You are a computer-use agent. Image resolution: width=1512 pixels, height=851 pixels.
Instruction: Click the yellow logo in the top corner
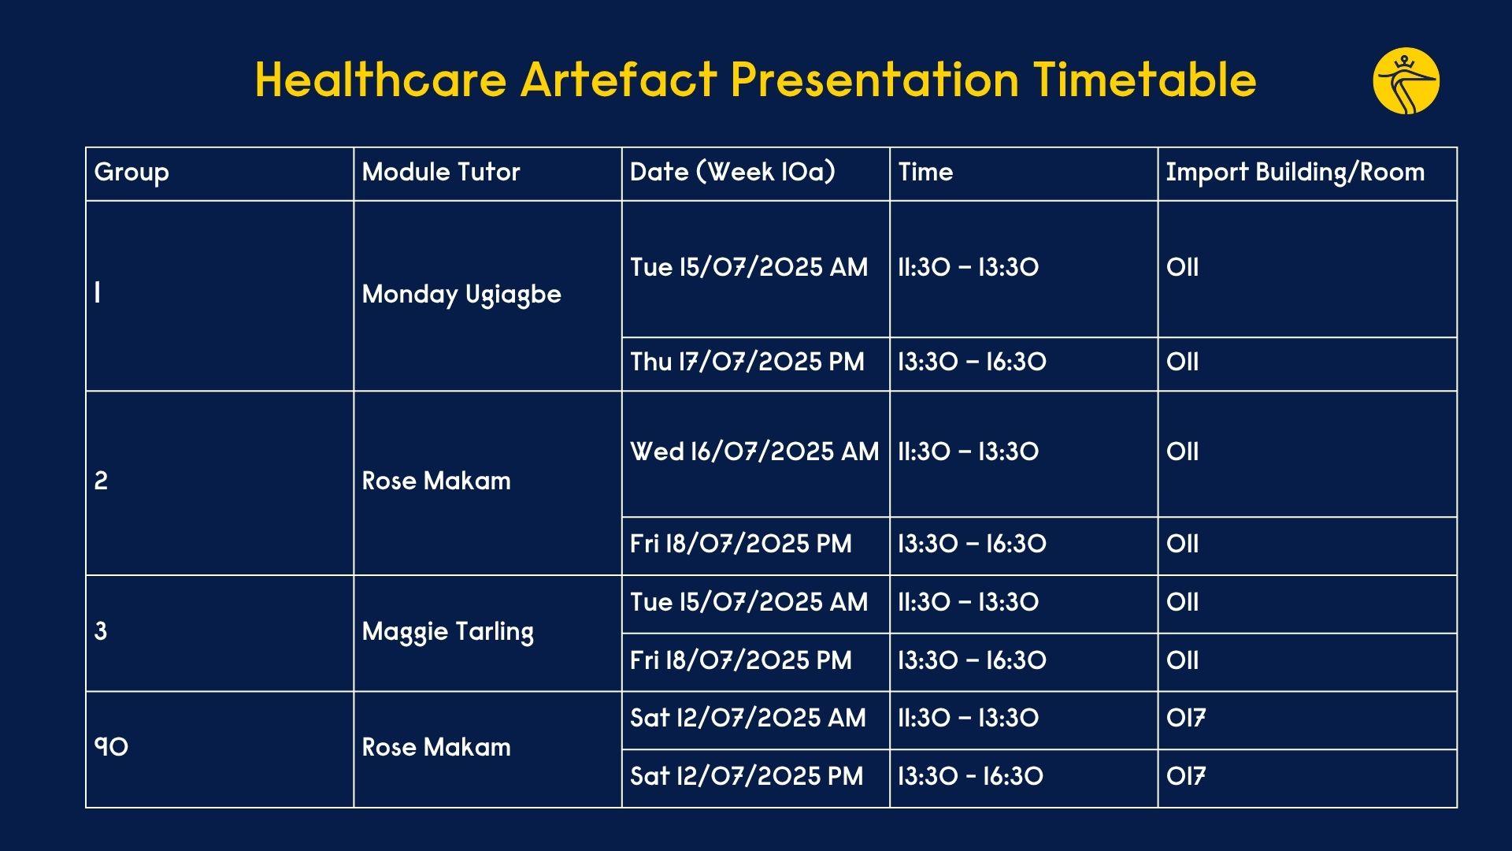pos(1406,81)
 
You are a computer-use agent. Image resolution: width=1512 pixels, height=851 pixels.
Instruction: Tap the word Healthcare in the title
pos(380,80)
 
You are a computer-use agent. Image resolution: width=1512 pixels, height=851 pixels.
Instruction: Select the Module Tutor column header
pos(441,172)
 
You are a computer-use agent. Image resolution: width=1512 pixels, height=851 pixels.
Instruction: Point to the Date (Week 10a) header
pos(732,172)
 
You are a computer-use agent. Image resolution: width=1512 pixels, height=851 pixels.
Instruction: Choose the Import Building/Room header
pos(1295,173)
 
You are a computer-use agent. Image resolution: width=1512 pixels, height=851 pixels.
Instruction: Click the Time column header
pos(925,172)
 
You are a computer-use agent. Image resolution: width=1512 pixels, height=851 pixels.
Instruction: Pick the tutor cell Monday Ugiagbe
pos(461,295)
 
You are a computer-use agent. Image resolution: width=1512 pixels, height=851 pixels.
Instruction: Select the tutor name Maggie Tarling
pos(447,632)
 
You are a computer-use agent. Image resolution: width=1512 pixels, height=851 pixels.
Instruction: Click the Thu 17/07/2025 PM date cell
pos(747,362)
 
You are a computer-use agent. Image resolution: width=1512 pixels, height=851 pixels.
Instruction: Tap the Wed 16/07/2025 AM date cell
pos(754,452)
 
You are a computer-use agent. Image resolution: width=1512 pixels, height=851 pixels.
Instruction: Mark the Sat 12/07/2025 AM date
pos(747,718)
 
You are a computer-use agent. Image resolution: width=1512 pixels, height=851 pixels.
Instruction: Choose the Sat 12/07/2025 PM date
pos(746,776)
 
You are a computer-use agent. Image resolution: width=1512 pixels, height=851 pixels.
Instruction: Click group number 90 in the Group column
pos(111,747)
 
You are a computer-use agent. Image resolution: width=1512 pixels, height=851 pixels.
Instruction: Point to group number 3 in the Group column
pos(101,631)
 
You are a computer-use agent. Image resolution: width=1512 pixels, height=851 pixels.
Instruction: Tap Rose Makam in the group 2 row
pos(435,481)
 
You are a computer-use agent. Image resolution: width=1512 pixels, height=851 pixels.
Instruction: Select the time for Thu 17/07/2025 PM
pos(972,362)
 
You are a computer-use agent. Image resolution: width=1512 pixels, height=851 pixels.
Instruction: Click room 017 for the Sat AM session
pos(1185,718)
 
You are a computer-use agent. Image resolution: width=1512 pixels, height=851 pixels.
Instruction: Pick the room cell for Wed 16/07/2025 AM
pos(1182,452)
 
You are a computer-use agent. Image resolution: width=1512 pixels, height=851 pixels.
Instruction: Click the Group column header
pos(132,173)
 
